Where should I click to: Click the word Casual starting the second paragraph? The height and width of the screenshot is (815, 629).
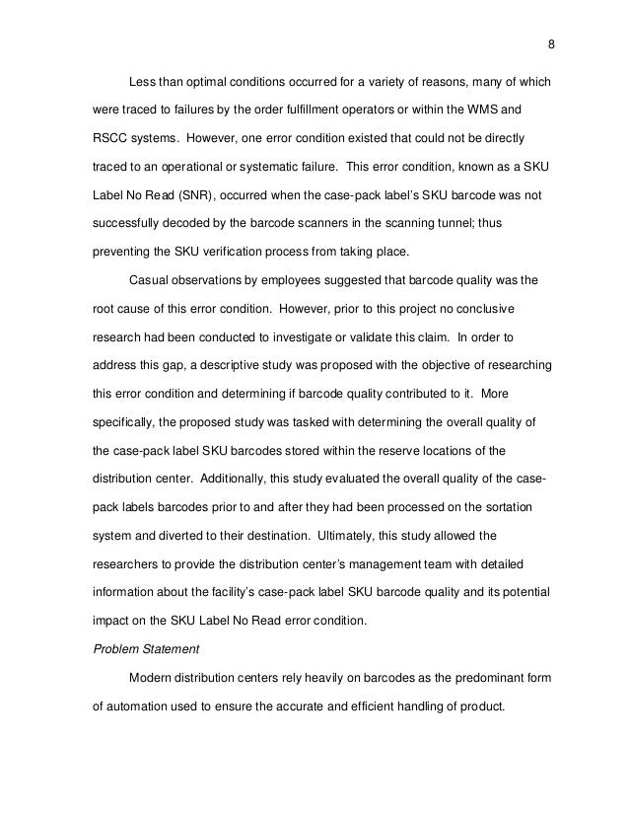[x=150, y=280]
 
